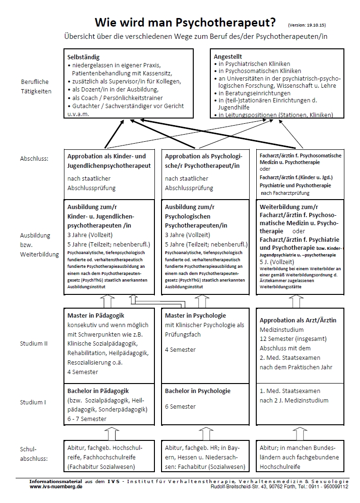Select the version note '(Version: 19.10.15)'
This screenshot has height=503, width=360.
coord(307,24)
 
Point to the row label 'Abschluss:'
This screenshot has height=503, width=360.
coord(35,160)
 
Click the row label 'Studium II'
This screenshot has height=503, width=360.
coord(34,343)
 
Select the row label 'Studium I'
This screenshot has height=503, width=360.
coord(33,402)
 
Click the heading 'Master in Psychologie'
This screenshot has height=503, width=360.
coord(195,316)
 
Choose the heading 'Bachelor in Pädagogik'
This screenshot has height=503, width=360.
coord(99,391)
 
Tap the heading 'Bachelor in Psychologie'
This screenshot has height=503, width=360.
coord(198,391)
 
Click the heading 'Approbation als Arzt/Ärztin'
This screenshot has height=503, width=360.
coord(298,320)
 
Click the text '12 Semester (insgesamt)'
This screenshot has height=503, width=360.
coord(293,339)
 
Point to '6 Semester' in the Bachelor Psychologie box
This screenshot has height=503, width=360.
coord(180,407)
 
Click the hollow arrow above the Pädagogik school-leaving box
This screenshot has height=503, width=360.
coord(110,433)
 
